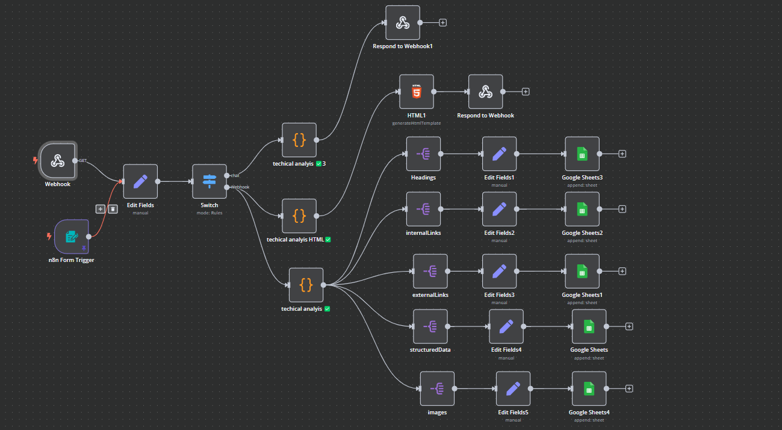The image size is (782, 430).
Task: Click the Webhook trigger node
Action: point(58,161)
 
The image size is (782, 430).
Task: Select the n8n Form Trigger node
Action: point(72,237)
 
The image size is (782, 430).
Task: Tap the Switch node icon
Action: point(209,181)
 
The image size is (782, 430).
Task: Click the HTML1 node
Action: point(417,92)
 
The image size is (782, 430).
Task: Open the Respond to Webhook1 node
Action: point(403,23)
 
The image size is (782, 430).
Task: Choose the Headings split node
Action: point(423,154)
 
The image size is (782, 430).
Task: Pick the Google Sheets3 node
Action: point(582,154)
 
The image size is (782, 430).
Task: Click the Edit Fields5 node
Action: point(513,388)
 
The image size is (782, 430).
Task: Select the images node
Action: point(437,388)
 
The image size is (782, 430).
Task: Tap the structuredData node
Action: point(430,326)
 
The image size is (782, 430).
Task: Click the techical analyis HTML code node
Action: point(299,216)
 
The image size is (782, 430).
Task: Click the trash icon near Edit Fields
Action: point(113,209)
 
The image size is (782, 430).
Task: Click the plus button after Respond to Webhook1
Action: point(442,23)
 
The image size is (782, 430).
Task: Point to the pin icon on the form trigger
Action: point(84,248)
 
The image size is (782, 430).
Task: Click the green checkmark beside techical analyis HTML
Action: point(328,240)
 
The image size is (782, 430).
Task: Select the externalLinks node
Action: point(430,271)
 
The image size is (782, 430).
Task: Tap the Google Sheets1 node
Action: point(582,271)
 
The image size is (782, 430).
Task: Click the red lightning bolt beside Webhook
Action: point(36,160)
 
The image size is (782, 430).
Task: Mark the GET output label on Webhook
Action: point(82,161)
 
